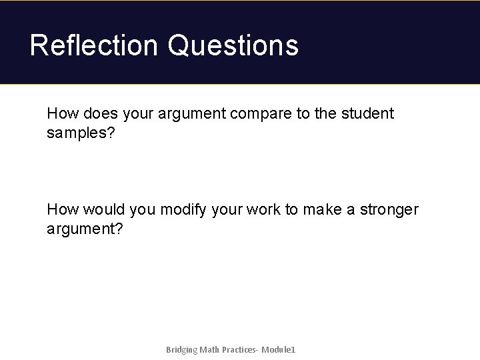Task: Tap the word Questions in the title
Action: click(233, 45)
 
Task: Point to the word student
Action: click(367, 113)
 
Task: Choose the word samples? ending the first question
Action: click(78, 133)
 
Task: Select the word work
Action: click(263, 209)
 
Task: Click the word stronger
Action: click(389, 209)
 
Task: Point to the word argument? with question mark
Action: click(85, 229)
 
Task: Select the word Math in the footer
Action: click(211, 349)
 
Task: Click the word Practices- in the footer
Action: click(239, 349)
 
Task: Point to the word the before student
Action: click(325, 113)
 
